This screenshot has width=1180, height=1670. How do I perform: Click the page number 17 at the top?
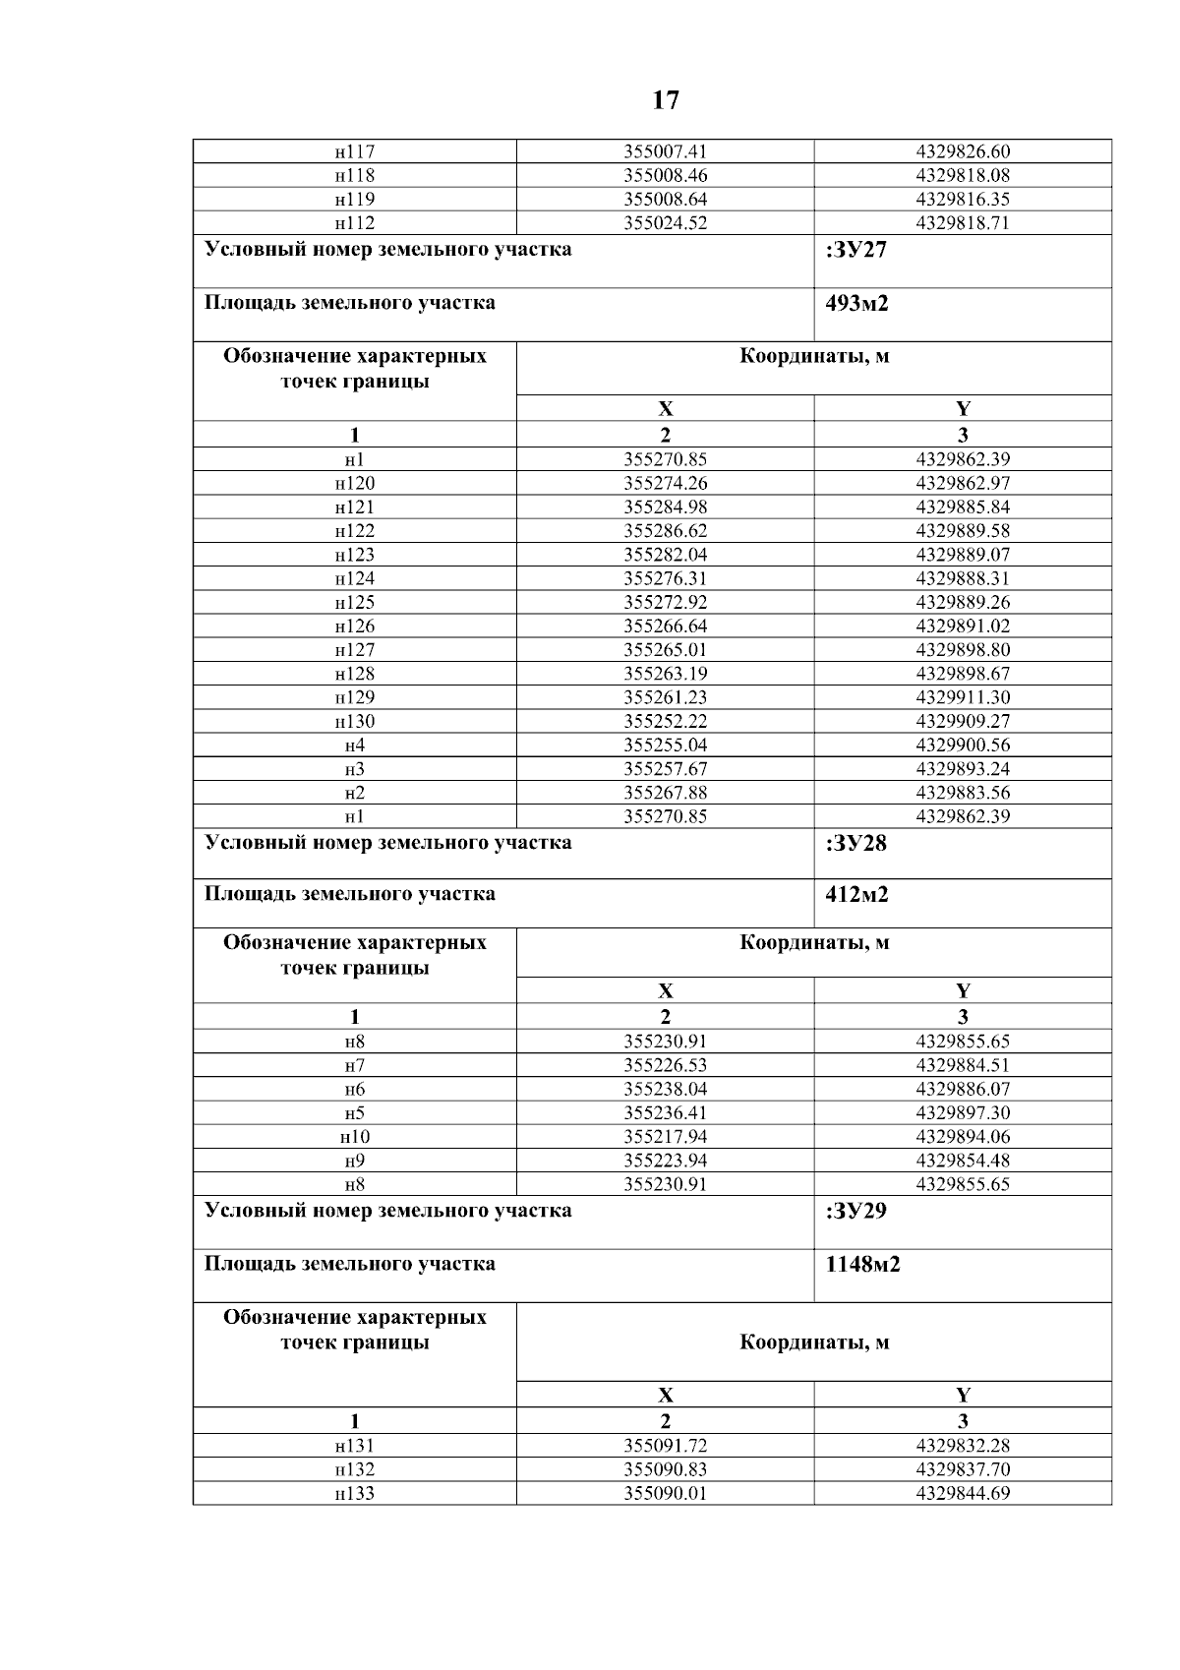pos(665,100)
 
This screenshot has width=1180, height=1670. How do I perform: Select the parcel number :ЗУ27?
pos(856,250)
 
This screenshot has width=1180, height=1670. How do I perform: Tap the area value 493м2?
pos(856,303)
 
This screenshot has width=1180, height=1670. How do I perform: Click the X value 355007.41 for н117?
pos(665,151)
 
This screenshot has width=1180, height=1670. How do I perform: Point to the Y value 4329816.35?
pos(962,199)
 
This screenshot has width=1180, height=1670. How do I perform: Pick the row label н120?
pos(354,483)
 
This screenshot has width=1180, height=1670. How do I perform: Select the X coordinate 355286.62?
pos(665,531)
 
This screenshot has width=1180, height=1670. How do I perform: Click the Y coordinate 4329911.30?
pos(962,697)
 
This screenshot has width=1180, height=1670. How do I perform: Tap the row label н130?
pos(354,721)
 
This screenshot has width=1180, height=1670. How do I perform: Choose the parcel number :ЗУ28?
pos(856,843)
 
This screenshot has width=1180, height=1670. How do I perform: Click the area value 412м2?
pos(856,895)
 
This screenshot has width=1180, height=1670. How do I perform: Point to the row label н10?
pos(354,1137)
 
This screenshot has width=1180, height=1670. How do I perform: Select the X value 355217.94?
pos(665,1137)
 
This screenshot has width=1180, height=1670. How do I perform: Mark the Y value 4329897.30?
pos(962,1113)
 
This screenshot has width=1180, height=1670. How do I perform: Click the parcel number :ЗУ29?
pos(856,1211)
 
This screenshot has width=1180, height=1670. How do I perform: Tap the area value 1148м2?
pos(862,1264)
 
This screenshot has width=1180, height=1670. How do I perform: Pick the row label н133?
pos(354,1493)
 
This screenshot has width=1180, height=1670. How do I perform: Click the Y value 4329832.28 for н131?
pos(962,1446)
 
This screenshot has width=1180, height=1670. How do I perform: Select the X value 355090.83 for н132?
pos(665,1469)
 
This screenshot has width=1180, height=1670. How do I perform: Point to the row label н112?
pos(354,223)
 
